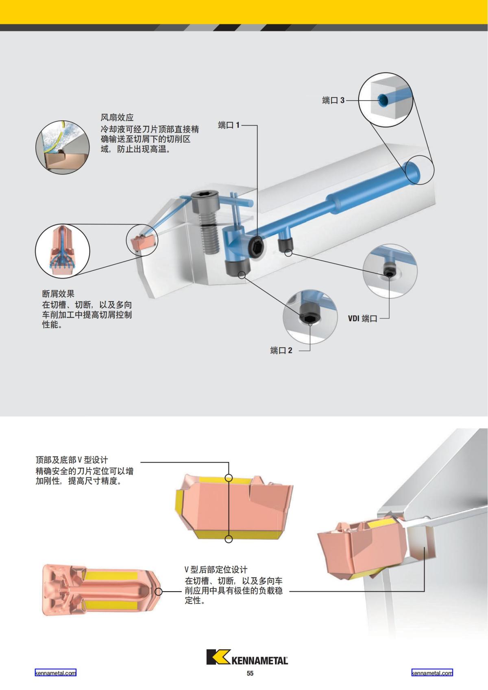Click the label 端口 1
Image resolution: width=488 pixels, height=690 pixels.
229,125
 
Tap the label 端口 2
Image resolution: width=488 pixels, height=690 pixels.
281,350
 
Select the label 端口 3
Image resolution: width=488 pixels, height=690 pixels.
333,100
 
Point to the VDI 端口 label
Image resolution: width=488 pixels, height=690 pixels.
362,318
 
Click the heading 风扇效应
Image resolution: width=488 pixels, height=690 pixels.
117,118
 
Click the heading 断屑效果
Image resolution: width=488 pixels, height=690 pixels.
58,294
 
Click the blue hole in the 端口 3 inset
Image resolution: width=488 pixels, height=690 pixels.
383,100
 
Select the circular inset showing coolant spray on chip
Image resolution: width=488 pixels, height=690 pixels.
62,148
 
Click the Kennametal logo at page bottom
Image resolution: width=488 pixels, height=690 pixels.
247,657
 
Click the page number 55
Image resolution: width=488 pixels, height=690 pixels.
250,673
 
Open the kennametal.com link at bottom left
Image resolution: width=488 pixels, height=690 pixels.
56,673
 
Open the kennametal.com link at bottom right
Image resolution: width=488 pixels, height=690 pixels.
432,673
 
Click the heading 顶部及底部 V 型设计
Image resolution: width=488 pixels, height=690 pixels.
72,460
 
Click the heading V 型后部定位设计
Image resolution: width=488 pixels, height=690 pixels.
216,569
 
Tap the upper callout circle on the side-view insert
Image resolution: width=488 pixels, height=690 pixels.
229,478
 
